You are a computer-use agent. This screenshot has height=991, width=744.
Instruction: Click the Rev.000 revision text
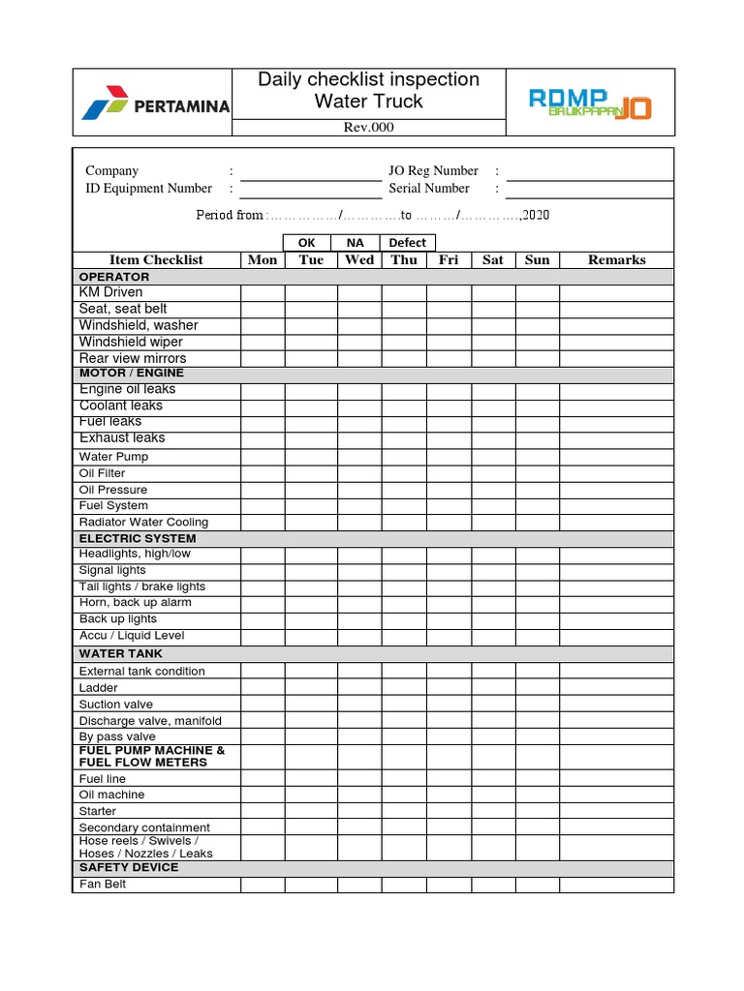[x=369, y=128]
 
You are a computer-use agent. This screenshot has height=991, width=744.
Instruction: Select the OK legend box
[x=307, y=243]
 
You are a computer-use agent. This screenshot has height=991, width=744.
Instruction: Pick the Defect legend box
[x=408, y=243]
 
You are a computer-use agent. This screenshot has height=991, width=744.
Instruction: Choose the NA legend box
[x=356, y=243]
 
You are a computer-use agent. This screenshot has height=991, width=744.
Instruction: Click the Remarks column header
[x=616, y=259]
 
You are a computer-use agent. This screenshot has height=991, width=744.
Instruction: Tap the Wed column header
[x=359, y=259]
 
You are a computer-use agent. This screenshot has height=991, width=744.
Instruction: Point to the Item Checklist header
[x=156, y=259]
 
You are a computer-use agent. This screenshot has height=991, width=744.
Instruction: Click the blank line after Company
[x=311, y=171]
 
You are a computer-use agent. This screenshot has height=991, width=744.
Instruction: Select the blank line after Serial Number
[x=589, y=189]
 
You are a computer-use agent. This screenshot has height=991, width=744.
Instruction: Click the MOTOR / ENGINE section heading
[x=132, y=373]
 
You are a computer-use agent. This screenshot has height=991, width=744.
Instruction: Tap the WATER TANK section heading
[x=121, y=653]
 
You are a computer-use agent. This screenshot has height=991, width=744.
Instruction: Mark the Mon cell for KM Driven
[x=263, y=292]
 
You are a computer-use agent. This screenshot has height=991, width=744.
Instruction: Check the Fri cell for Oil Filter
[x=449, y=473]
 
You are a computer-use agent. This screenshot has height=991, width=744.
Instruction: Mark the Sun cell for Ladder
[x=537, y=687]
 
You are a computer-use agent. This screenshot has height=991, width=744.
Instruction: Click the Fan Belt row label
[x=103, y=884]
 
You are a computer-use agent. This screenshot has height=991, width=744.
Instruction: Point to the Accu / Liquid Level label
[x=132, y=636]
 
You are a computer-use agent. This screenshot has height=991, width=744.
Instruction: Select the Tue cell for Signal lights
[x=311, y=570]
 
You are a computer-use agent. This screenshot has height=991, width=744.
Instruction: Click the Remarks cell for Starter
[x=616, y=811]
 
